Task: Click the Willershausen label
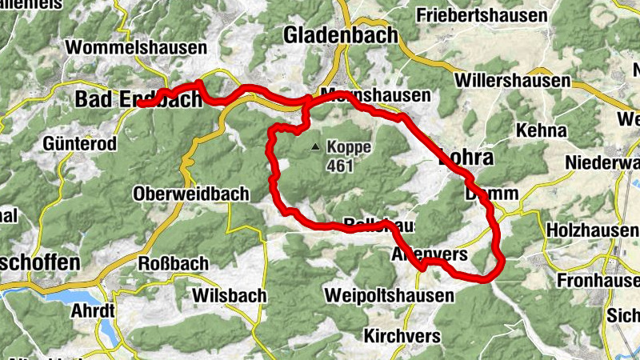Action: (512, 81)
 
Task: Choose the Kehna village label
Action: (542, 130)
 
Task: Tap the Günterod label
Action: (81, 144)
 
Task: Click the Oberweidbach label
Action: (191, 194)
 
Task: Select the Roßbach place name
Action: (174, 263)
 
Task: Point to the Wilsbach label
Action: (230, 295)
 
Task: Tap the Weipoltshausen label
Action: (389, 295)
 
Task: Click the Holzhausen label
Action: (592, 230)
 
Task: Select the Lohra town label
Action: (467, 158)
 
